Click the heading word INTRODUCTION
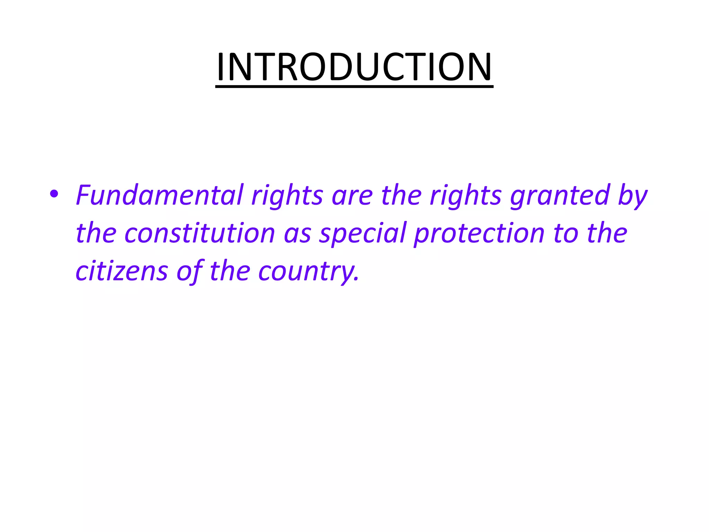pos(354,66)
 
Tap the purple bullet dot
pos(54,194)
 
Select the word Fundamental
pos(160,195)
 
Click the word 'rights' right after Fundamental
pos(287,196)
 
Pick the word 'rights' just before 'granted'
pos(466,196)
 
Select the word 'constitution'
pos(200,233)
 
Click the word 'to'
pos(565,233)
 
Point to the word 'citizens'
pos(122,271)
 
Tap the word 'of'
pos(189,271)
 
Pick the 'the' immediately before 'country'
pos(230,271)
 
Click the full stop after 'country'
pos(357,279)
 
